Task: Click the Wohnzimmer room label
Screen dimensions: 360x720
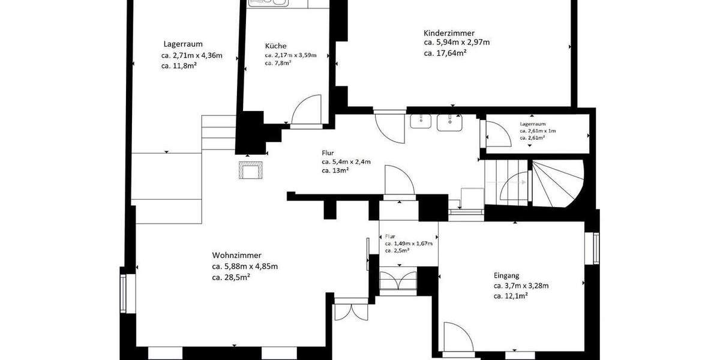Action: point(236,255)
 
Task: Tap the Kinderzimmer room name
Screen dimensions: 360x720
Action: point(449,33)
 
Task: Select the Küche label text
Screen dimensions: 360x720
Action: point(275,46)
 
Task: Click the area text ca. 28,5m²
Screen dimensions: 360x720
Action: point(231,277)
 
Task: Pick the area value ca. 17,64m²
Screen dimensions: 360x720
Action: point(445,53)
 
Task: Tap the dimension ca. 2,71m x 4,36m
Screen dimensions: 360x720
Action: point(191,56)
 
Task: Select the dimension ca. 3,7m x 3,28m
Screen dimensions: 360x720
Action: point(521,286)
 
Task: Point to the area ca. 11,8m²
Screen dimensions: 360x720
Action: point(179,66)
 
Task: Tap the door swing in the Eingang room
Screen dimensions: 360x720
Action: point(458,336)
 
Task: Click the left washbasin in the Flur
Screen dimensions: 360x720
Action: point(421,122)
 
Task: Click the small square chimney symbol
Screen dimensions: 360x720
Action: point(250,170)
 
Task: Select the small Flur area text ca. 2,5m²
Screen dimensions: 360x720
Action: point(397,251)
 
